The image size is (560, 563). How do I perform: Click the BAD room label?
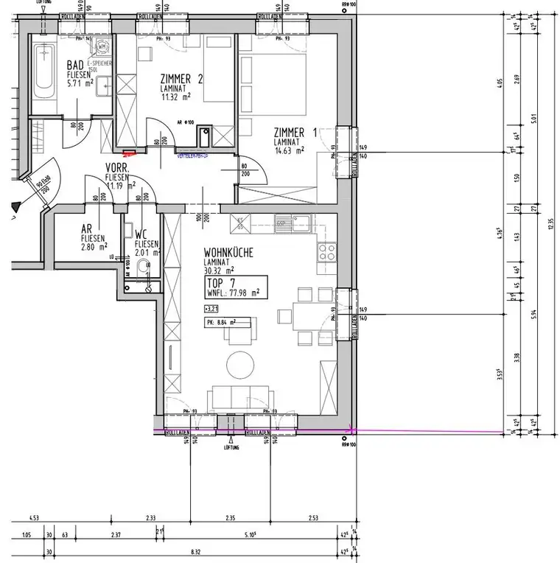[75, 65]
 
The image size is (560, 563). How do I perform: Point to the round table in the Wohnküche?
[239, 363]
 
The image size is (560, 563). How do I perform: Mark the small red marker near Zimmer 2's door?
[130, 154]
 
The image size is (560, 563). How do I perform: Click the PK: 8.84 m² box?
[228, 322]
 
